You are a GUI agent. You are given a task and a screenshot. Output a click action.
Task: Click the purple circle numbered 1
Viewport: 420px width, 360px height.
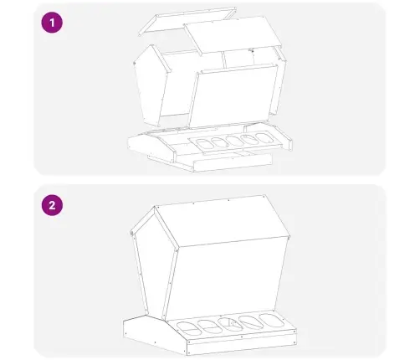52,23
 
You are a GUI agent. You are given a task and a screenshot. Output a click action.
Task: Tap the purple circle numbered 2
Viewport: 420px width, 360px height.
52,205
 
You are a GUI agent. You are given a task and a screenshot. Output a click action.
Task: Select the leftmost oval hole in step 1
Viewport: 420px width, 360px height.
203,144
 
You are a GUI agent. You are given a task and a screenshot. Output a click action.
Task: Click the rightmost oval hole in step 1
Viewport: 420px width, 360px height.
265,138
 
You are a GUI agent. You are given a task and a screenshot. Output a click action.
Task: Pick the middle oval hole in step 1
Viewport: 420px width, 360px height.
233,141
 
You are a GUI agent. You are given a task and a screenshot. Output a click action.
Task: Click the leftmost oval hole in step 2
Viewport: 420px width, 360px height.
188,328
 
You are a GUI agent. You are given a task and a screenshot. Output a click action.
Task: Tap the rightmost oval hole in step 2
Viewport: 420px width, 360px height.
272,321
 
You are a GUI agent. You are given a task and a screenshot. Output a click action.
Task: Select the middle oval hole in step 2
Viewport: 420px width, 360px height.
230,324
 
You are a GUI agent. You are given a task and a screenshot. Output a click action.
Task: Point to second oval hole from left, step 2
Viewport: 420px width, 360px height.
209,327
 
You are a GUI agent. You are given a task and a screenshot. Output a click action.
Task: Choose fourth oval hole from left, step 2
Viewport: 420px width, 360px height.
251,322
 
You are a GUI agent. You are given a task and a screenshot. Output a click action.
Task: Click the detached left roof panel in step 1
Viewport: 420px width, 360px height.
187,21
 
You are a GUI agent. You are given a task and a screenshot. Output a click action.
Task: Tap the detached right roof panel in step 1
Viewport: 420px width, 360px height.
233,34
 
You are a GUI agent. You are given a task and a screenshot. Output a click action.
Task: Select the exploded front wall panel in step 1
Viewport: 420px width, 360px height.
233,95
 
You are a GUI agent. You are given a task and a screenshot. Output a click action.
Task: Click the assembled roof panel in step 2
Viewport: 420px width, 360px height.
222,220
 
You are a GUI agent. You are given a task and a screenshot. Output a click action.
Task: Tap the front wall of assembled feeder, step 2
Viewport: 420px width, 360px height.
228,279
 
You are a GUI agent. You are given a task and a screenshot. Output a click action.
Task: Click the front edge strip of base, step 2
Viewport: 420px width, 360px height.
241,343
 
